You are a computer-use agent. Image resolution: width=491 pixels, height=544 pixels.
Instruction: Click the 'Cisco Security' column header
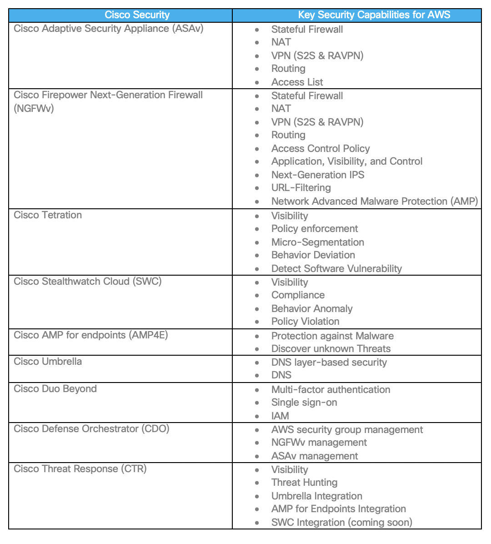137,15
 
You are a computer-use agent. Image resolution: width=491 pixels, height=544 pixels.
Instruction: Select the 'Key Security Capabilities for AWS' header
374,15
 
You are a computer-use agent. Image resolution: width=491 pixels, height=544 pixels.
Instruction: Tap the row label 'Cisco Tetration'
48,215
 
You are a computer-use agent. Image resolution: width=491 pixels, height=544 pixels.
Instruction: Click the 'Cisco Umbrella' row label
48,362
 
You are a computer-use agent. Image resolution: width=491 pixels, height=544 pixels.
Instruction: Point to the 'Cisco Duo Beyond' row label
55,389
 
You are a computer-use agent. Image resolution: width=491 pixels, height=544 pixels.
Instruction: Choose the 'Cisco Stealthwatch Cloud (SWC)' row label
87,282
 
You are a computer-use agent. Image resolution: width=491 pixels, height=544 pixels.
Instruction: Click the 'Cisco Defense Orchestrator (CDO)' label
91,429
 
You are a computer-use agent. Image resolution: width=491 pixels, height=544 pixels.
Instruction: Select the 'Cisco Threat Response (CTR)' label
80,469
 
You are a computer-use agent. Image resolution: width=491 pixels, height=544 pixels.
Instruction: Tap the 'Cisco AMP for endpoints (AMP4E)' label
90,335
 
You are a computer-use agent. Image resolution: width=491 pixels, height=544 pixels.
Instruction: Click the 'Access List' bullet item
297,82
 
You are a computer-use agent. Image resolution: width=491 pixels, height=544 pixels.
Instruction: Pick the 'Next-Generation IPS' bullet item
317,175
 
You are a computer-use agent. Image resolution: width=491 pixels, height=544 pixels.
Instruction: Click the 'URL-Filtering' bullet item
301,188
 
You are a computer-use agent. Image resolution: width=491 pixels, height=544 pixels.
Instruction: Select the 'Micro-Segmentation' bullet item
317,242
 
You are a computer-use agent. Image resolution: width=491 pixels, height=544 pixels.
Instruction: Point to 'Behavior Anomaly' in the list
311,309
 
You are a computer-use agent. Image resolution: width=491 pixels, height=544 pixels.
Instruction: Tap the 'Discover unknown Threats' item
331,349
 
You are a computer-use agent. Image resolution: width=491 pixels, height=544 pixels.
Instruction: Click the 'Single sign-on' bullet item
304,403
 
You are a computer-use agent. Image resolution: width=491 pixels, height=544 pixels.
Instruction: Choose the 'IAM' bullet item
280,416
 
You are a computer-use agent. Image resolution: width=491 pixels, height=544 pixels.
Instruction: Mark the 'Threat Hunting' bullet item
304,483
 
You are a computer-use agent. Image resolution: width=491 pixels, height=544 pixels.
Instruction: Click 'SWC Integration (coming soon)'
341,523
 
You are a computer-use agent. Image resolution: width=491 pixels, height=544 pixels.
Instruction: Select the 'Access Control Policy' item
320,149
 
